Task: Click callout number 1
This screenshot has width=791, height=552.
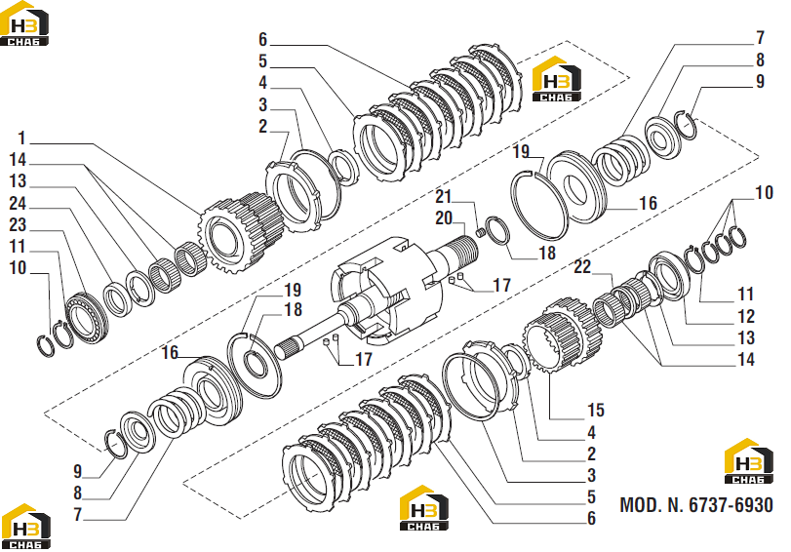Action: tap(21, 138)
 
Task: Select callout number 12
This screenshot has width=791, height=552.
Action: tap(745, 316)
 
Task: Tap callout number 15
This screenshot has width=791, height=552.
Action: tap(595, 410)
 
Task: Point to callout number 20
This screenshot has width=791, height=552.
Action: tap(444, 218)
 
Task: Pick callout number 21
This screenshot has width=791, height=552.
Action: tap(444, 196)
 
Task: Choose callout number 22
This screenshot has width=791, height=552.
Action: tap(582, 266)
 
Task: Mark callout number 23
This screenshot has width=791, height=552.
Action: tap(19, 225)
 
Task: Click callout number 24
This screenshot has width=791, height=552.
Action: tap(19, 203)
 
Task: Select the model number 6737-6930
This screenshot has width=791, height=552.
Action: tap(731, 504)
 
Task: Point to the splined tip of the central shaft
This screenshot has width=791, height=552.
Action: tap(289, 349)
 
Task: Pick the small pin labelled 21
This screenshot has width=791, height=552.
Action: tap(481, 233)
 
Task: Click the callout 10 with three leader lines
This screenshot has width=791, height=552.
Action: tap(764, 192)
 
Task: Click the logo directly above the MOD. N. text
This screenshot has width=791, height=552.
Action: tap(749, 461)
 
